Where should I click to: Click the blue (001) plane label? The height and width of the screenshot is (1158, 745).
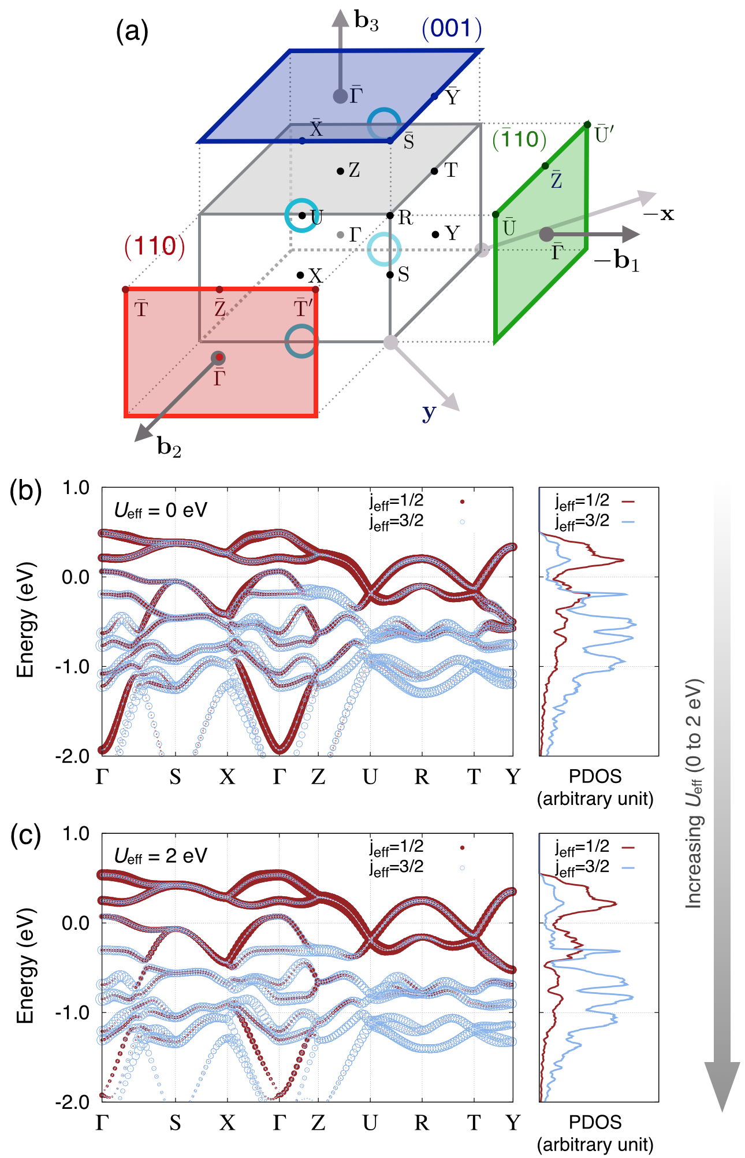(452, 28)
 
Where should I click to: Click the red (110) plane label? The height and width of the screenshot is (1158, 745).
(155, 247)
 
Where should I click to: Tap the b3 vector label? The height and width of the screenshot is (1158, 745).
(366, 21)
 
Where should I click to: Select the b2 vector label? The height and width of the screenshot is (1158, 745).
(169, 447)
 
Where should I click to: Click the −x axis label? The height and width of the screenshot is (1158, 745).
(658, 214)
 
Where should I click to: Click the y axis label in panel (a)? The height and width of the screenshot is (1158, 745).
(429, 413)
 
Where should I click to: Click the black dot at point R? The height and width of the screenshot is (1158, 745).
(390, 216)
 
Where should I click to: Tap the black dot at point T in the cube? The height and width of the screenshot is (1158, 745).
(434, 170)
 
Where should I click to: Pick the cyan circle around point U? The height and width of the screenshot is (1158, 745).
(301, 215)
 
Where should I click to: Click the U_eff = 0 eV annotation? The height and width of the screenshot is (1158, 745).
(161, 510)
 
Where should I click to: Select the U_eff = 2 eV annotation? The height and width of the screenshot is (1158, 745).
(161, 856)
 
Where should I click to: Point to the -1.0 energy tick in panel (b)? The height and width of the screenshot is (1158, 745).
(74, 666)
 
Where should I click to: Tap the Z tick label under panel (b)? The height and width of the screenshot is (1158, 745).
(318, 777)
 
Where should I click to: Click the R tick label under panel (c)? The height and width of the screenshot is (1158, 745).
(422, 1122)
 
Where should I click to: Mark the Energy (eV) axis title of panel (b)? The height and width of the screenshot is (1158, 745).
(25, 619)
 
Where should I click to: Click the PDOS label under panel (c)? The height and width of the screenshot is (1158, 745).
(595, 1122)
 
